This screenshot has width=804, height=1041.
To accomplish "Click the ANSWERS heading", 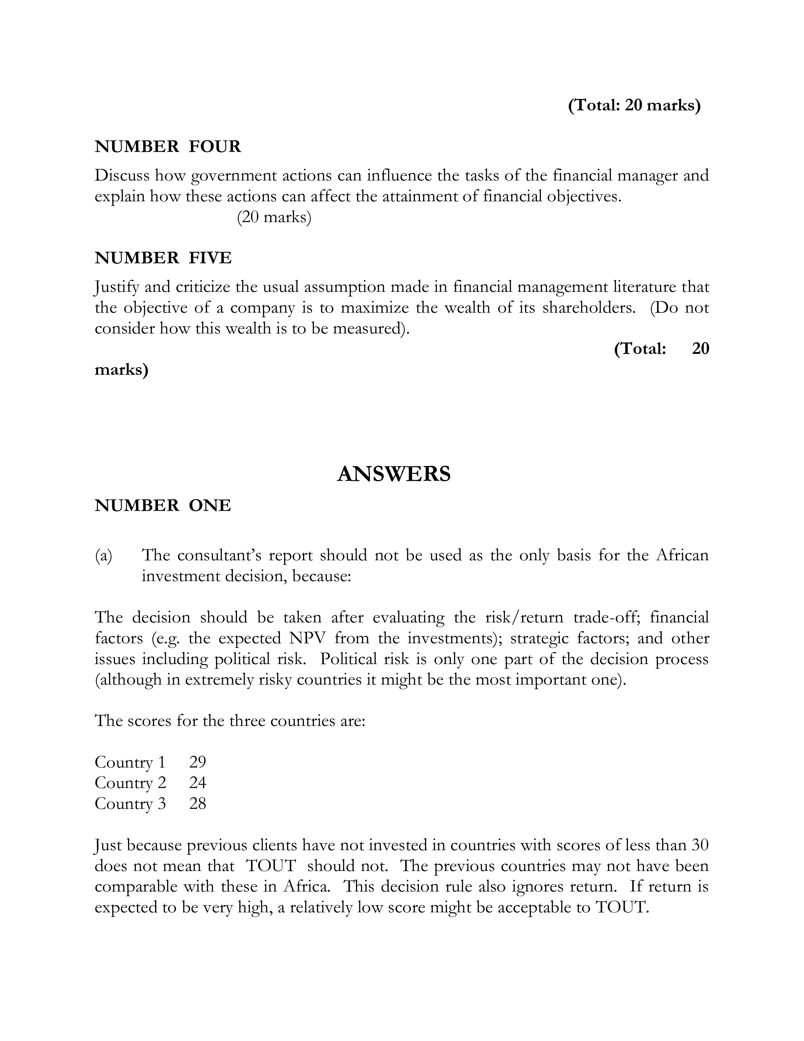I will coord(393,474).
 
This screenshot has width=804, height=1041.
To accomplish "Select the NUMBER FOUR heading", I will coord(168,146).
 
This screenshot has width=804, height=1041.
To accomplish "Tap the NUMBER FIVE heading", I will coord(163,258).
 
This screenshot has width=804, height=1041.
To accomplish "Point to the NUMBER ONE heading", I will coord(162,505).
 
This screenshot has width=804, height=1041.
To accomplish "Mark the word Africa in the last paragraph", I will coord(306,886).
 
